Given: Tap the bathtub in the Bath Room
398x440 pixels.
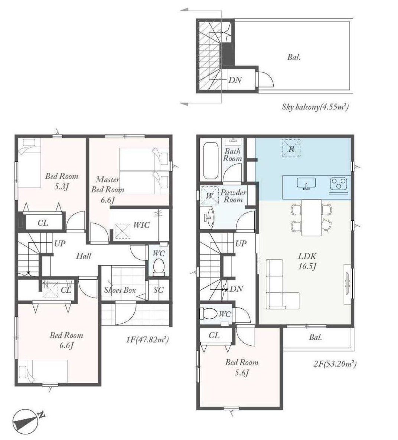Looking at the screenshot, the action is coord(211,161).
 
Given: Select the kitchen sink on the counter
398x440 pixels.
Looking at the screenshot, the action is coord(306,184).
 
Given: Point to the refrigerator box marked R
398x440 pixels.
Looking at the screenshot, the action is coord(291,148).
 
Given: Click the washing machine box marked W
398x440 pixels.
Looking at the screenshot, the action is coord(209,195).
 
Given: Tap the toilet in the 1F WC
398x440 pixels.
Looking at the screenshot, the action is coord(159,267).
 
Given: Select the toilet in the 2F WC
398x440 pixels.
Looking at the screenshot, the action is coord(208,313).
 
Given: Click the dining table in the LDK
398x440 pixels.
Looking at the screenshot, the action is coord(311,217).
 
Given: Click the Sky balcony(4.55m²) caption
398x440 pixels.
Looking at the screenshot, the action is coord(315,107).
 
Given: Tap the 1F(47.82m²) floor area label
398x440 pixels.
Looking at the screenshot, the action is coord(147,340).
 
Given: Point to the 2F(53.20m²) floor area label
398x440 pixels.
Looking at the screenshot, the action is coord(335,364).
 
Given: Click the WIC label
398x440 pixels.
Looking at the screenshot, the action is coord(141,225).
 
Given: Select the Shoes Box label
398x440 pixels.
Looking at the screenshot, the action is coord(120,290).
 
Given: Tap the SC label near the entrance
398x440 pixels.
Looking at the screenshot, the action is coord(159,290).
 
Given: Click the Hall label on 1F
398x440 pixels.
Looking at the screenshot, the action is coord(84,256).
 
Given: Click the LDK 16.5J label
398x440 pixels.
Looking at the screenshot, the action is coord(307,261).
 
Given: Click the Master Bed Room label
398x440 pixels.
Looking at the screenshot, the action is coord(108,190).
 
